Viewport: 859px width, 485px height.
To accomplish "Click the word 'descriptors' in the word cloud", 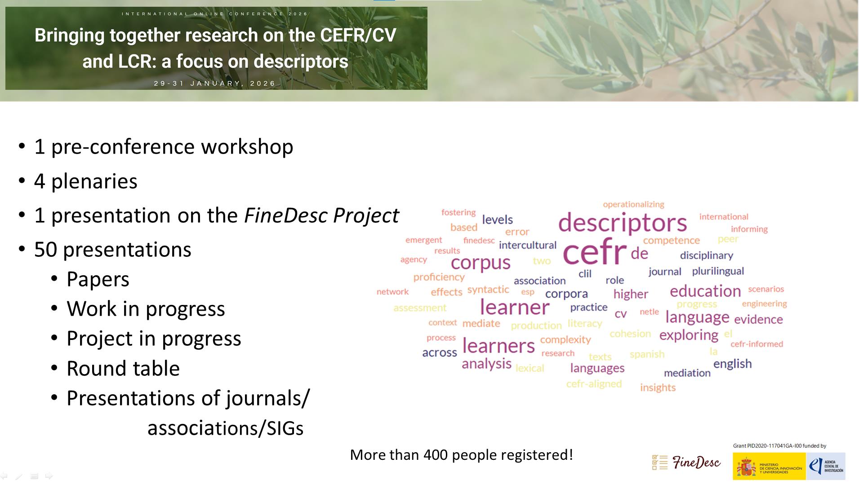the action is (623, 223).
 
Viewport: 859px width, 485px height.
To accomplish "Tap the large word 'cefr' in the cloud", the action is (594, 252).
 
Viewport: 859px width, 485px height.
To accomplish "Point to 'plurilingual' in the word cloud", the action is (718, 271).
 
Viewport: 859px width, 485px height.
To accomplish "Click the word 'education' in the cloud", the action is (705, 291).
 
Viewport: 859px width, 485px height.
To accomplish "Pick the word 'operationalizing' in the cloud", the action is (633, 205).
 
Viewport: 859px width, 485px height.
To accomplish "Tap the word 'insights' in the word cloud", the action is (658, 388).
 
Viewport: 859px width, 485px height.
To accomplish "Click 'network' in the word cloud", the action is (392, 292).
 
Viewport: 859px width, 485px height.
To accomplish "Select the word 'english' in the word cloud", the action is (732, 364).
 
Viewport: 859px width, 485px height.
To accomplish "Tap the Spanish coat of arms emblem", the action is (746, 467).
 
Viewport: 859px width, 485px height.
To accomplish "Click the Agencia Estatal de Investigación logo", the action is (826, 466).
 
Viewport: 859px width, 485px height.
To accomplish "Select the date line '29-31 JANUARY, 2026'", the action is (215, 84).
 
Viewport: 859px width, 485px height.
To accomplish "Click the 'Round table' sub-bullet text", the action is (123, 369).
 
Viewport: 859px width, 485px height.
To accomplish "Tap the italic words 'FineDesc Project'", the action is (321, 216).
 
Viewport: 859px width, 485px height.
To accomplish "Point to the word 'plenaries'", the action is (94, 181).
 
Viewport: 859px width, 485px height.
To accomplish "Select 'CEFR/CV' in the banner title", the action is (358, 35).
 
